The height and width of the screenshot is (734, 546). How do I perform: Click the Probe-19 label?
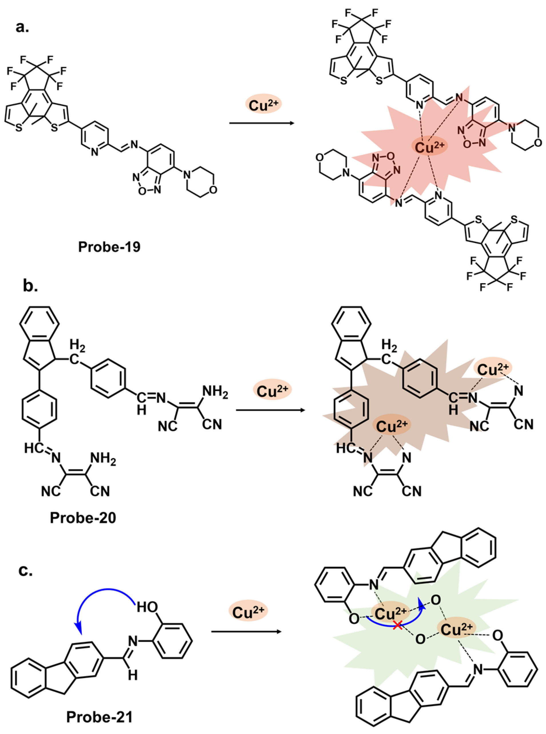109,247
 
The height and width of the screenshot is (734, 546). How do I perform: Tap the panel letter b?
30,286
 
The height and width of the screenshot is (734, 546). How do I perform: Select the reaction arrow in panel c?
246,631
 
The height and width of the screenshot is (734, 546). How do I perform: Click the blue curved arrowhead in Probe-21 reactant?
78,625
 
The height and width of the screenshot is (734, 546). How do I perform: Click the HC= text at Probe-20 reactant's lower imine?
35,448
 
